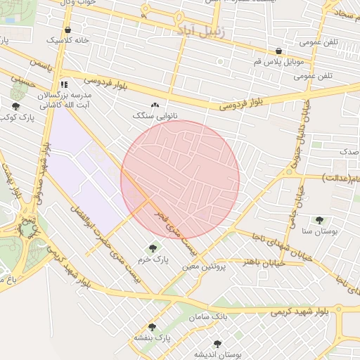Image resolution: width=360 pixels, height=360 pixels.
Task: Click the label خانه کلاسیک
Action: [67, 41]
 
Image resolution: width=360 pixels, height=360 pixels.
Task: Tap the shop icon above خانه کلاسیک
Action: [67, 30]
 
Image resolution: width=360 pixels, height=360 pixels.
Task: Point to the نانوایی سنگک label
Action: [155, 115]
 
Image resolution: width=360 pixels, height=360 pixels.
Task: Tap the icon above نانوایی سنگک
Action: [155, 105]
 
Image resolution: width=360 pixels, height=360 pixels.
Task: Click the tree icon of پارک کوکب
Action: [15, 105]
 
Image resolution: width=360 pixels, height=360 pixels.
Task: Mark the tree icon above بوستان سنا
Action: [320, 220]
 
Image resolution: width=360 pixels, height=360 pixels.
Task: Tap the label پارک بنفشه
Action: [153, 338]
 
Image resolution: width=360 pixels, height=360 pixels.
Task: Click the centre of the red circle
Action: [180, 180]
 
